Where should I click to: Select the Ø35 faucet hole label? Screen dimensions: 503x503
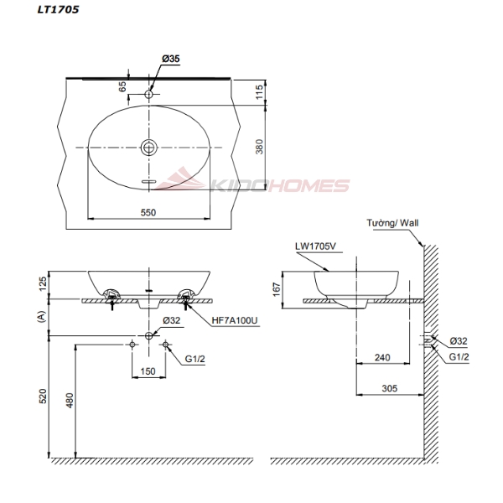pos(170,59)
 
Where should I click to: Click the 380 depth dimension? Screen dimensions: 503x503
pos(260,147)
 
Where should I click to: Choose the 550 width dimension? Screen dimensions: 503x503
pos(148,213)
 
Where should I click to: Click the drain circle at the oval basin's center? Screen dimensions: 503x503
pos(149,148)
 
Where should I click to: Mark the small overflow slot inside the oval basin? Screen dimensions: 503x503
pos(149,181)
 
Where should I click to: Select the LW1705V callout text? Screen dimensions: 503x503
pos(313,246)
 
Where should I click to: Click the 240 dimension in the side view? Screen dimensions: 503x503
pos(383,356)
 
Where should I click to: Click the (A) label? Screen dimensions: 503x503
pos(40,316)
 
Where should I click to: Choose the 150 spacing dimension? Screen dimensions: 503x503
pos(148,371)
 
